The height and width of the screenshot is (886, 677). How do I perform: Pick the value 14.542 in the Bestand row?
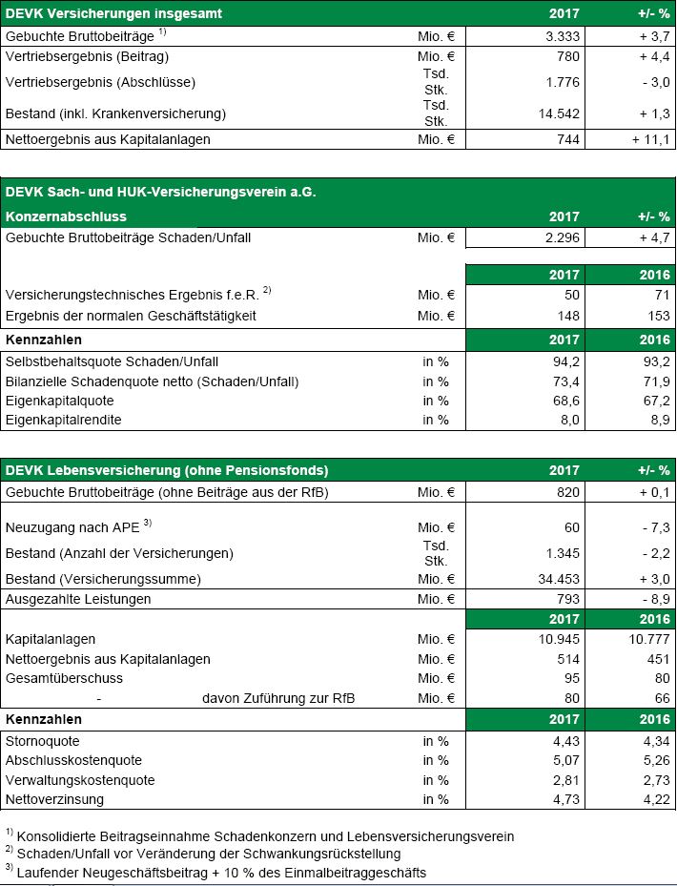click(x=557, y=113)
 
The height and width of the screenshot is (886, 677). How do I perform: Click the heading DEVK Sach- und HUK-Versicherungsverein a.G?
click(x=160, y=192)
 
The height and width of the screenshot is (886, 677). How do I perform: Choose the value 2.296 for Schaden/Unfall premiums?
click(x=561, y=237)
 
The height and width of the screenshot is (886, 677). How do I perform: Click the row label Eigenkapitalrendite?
click(x=64, y=420)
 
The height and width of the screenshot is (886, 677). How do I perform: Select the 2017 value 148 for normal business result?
click(x=566, y=316)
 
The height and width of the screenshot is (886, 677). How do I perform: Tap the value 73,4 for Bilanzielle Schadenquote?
click(x=564, y=381)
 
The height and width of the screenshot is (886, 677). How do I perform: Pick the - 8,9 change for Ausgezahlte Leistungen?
click(x=652, y=599)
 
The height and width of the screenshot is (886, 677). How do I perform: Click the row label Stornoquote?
click(x=43, y=740)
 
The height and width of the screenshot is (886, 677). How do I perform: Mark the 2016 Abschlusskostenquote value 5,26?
click(x=654, y=760)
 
